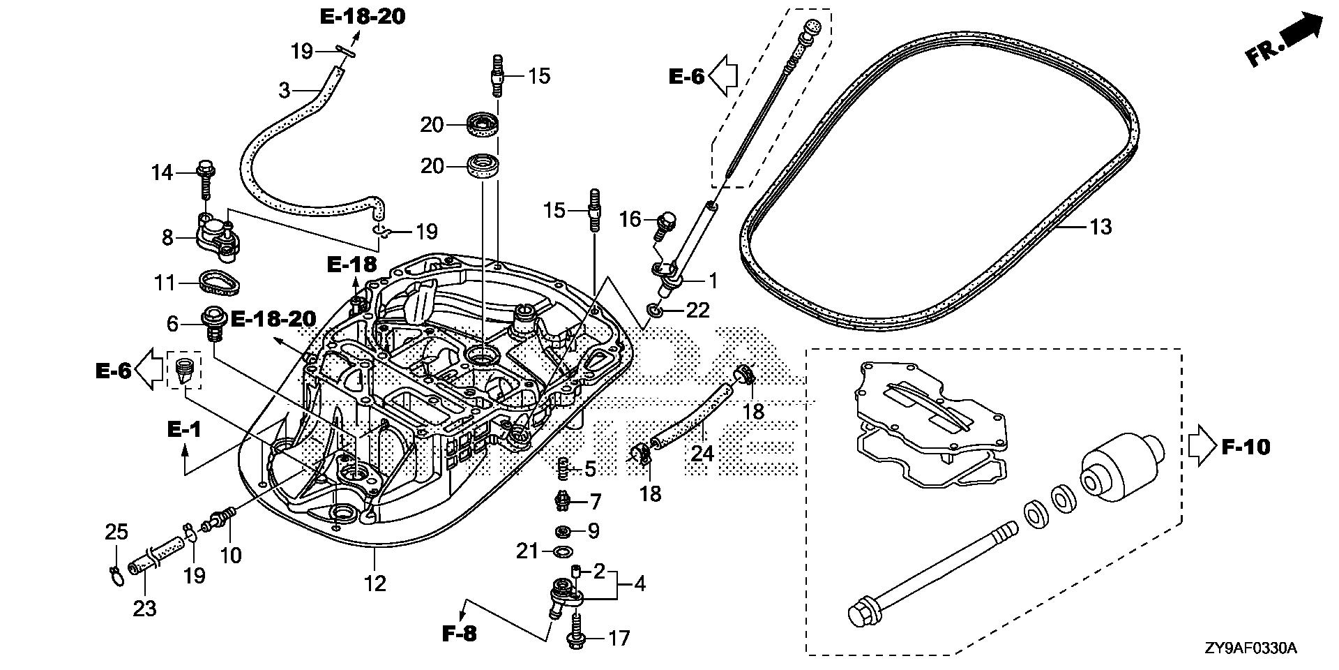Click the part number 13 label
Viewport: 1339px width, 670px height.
pyautogui.click(x=1100, y=227)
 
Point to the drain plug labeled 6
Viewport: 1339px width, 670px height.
pyautogui.click(x=214, y=322)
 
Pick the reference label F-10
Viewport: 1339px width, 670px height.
pyautogui.click(x=1246, y=446)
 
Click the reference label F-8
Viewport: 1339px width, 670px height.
pyautogui.click(x=460, y=634)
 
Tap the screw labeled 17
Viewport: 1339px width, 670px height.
pyautogui.click(x=577, y=630)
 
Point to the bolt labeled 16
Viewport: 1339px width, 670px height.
pyautogui.click(x=665, y=224)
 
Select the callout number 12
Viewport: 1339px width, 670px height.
pyautogui.click(x=375, y=583)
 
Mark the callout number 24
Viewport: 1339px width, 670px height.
pyautogui.click(x=702, y=454)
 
